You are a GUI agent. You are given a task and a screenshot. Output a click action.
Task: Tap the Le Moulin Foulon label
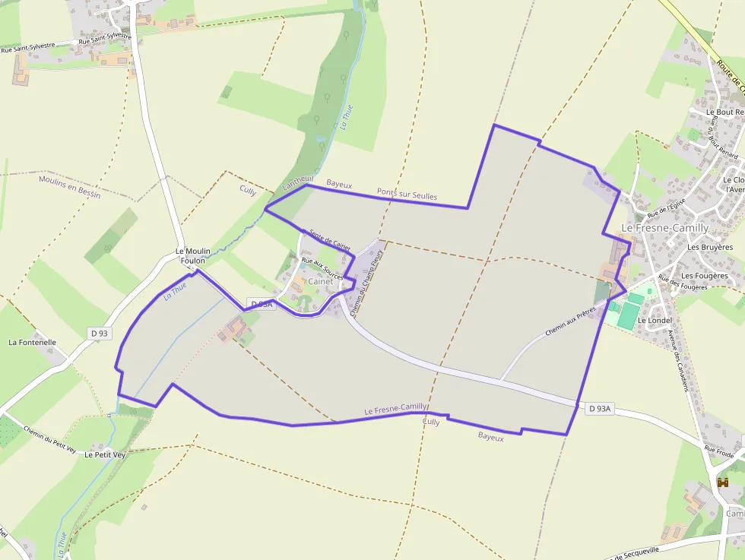click(193, 256)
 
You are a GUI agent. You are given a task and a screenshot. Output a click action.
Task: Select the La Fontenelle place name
click(33, 343)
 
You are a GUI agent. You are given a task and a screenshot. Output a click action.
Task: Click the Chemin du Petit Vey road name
click(50, 439)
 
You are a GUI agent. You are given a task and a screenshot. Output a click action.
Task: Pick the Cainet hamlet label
click(320, 281)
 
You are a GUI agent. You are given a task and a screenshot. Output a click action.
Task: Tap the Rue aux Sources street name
click(323, 269)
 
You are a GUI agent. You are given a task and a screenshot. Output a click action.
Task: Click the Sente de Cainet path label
click(330, 240)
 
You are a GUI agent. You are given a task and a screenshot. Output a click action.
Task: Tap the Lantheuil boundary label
click(297, 184)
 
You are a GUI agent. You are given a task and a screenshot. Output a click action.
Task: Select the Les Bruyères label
click(710, 247)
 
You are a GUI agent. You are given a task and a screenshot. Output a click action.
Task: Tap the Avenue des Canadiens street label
click(677, 361)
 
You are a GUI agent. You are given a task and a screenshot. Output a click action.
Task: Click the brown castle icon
click(722, 482)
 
